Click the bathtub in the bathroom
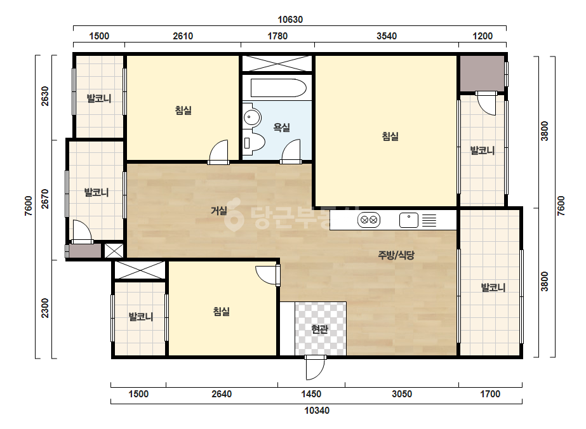pyautogui.click(x=279, y=88)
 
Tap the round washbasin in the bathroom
pyautogui.click(x=252, y=117)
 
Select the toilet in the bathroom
pyautogui.click(x=254, y=142)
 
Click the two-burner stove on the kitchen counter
pyautogui.click(x=369, y=220)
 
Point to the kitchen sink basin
pyautogui.click(x=408, y=220)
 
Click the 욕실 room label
pyautogui.click(x=282, y=128)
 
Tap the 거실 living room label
pyautogui.click(x=219, y=211)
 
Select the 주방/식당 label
pyautogui.click(x=396, y=255)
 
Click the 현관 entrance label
pyautogui.click(x=320, y=329)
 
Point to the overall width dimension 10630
pyautogui.click(x=290, y=20)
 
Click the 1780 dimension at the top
pyautogui.click(x=277, y=36)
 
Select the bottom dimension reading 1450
pyautogui.click(x=311, y=394)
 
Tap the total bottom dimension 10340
pyautogui.click(x=317, y=411)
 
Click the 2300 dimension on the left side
pyautogui.click(x=45, y=308)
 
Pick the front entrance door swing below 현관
pyautogui.click(x=315, y=368)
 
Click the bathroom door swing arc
pyautogui.click(x=291, y=151)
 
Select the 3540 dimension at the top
pyautogui.click(x=387, y=36)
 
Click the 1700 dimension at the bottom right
pyautogui.click(x=490, y=394)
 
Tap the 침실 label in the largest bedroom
pyautogui.click(x=390, y=136)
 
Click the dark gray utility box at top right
pyautogui.click(x=482, y=73)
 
